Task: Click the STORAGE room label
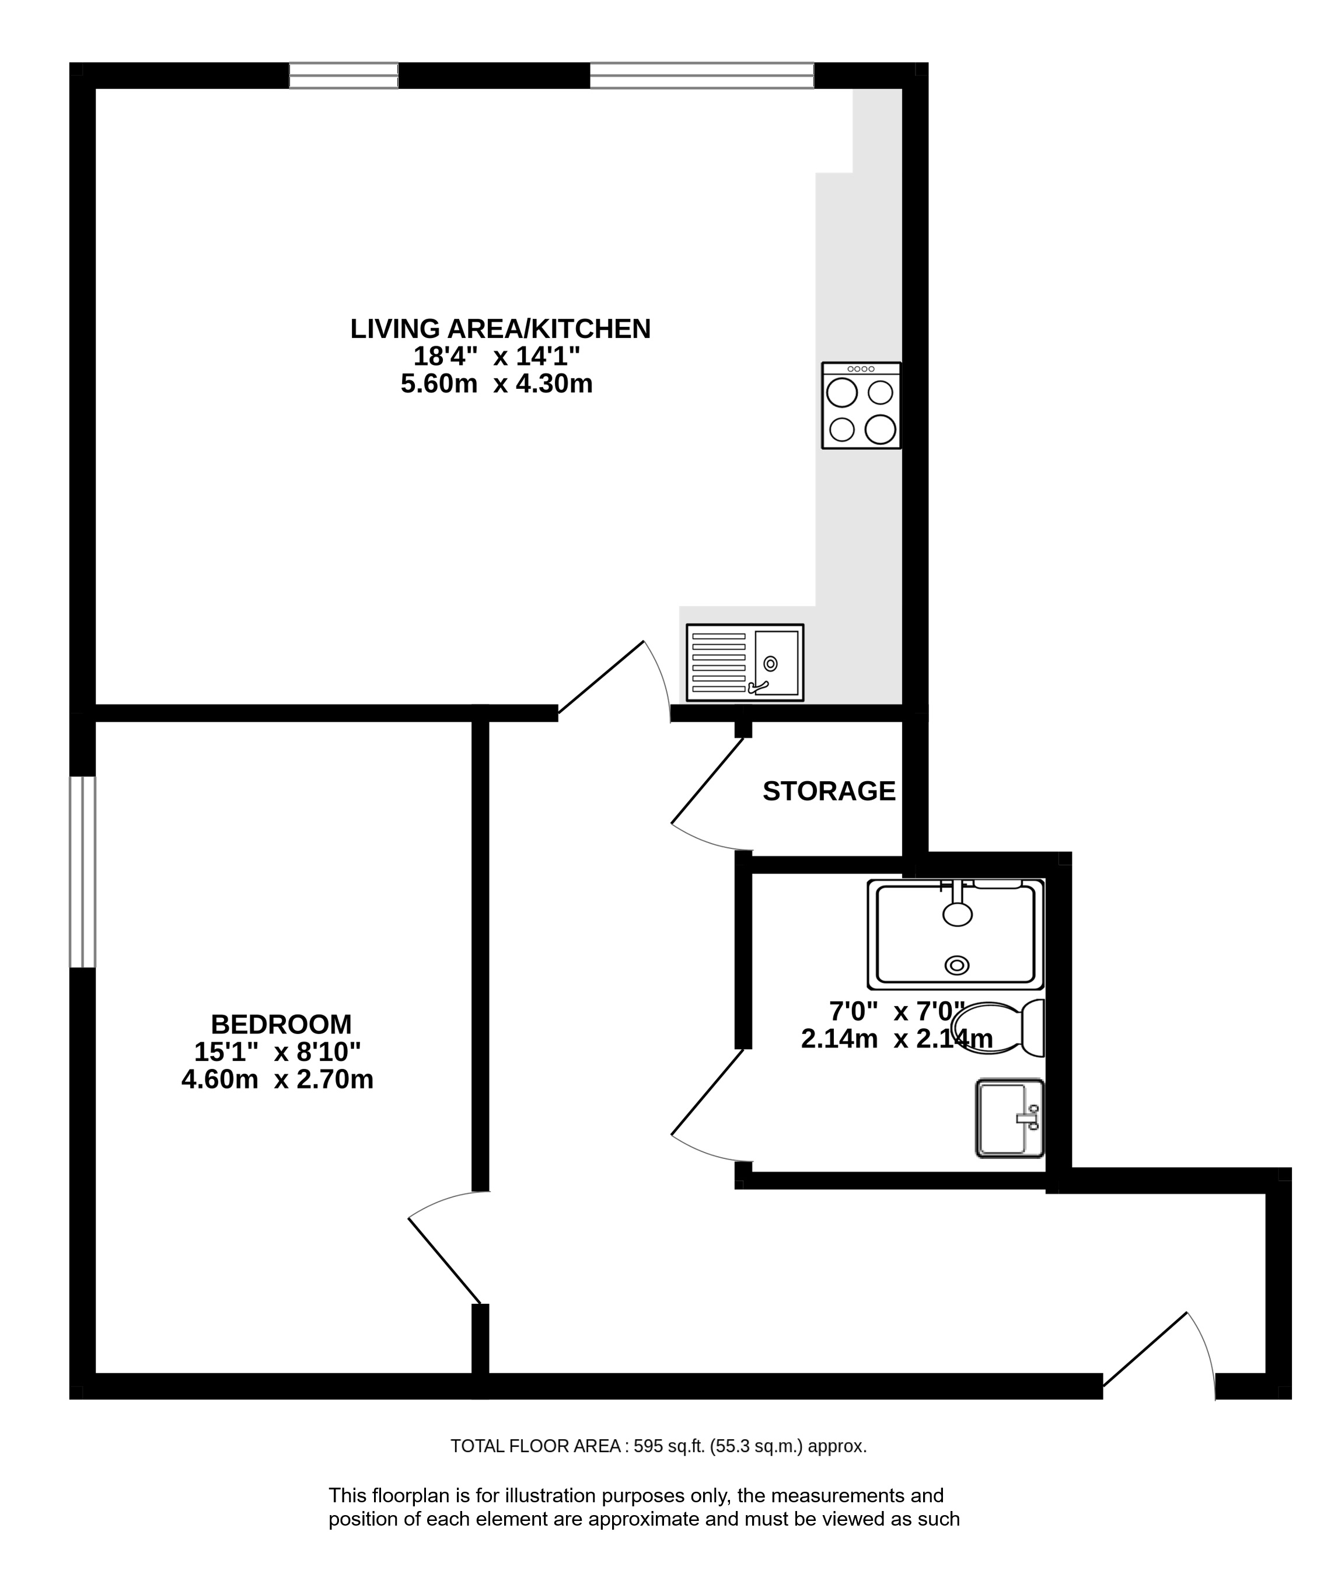click(829, 791)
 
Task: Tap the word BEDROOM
click(281, 1025)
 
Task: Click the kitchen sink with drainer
click(745, 662)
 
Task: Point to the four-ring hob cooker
click(861, 405)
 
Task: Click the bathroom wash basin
click(1009, 1118)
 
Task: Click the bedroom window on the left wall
click(83, 872)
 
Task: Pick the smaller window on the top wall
click(343, 75)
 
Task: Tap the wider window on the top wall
click(702, 75)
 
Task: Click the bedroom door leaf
click(445, 1261)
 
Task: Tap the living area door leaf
click(600, 677)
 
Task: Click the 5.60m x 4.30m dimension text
click(497, 384)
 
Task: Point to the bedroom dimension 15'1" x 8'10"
click(277, 1052)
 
